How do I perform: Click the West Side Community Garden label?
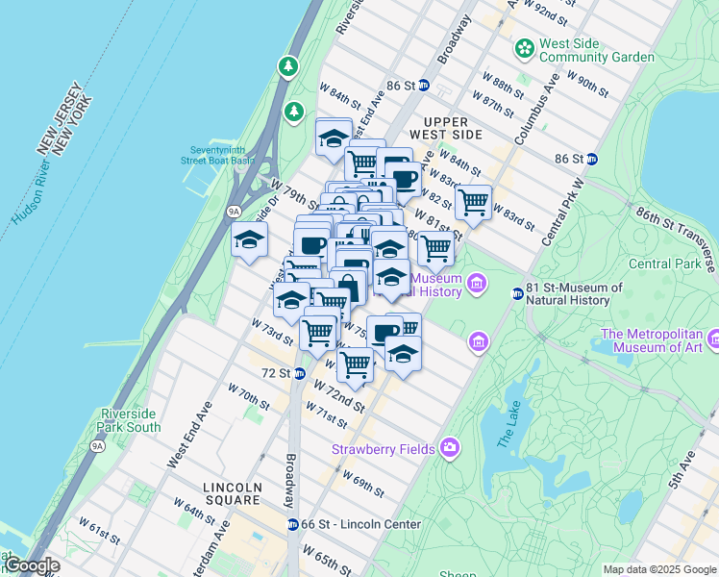(596, 50)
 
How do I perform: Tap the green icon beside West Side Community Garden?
(524, 47)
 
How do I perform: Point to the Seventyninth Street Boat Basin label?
(222, 156)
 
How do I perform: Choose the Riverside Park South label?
(130, 420)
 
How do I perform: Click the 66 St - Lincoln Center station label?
(360, 524)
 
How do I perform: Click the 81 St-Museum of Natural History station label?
(575, 293)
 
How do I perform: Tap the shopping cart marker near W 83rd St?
(472, 202)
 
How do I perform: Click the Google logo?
(31, 565)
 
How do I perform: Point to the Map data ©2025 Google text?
(658, 569)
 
